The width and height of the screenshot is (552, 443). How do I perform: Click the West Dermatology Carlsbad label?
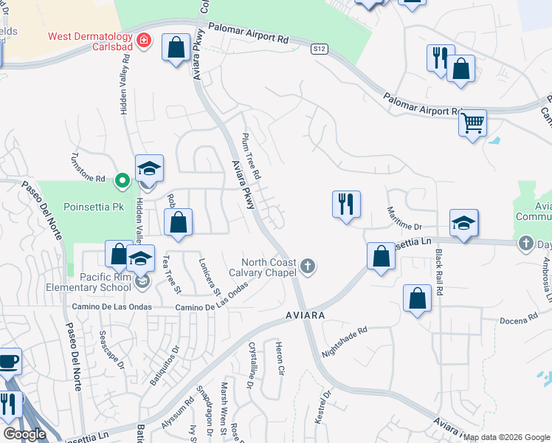click(x=90, y=43)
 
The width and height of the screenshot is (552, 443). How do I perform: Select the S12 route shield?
click(x=318, y=49)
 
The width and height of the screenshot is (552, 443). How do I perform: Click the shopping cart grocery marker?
click(x=472, y=123)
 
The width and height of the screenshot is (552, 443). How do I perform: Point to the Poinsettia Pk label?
click(x=93, y=207)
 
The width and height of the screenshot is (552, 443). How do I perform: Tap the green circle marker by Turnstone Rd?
click(x=123, y=179)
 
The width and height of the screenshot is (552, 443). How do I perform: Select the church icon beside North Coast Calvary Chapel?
click(x=308, y=265)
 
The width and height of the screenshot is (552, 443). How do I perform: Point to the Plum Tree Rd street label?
click(x=252, y=157)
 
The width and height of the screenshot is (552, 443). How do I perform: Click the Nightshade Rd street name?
click(x=345, y=343)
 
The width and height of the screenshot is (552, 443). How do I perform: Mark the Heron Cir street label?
click(x=279, y=359)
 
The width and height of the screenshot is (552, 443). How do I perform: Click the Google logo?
click(x=25, y=433)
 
